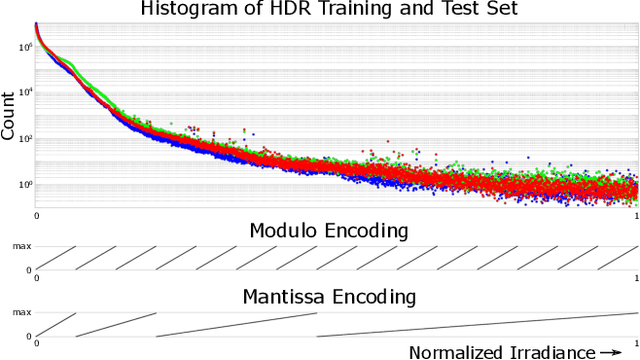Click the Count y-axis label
coord(9,116)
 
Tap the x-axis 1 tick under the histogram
coord(636,216)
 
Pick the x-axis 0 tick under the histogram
coord(37,216)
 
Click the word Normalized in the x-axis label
coord(461,351)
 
